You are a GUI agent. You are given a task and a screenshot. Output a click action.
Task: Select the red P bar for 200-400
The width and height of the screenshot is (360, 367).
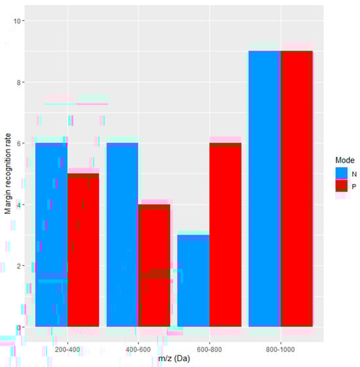click(83, 250)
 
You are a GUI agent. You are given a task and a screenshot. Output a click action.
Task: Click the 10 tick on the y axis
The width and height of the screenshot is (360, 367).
click(20, 21)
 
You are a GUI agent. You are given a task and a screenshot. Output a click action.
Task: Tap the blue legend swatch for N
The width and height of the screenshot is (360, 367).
click(340, 173)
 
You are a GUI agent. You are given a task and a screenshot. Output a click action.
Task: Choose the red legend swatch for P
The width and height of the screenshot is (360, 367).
click(340, 187)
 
